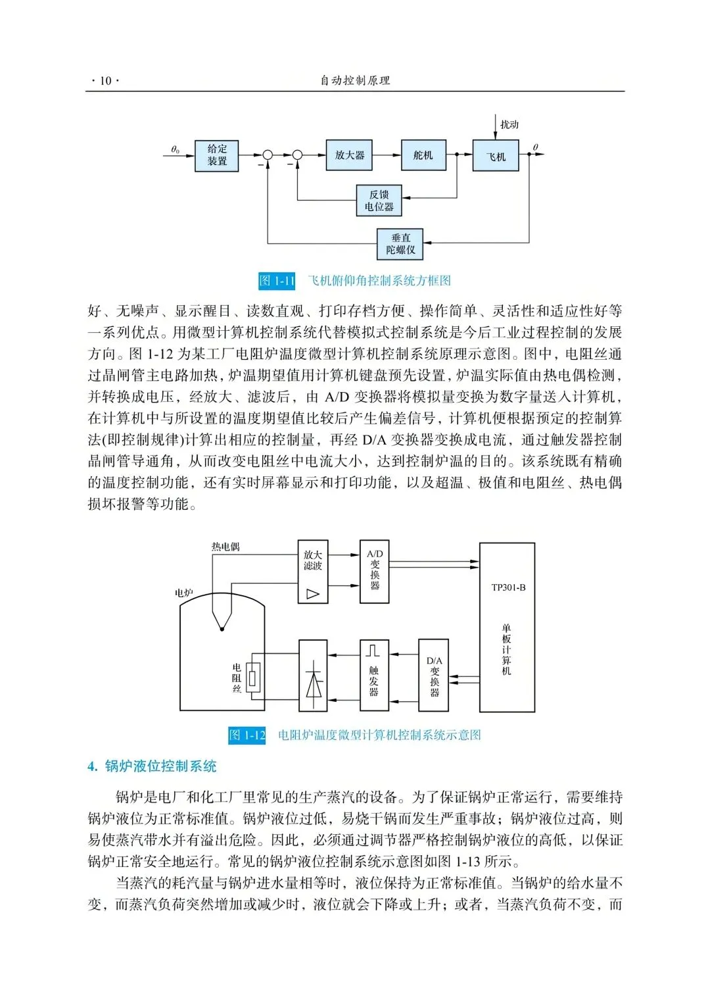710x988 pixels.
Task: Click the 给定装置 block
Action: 216,156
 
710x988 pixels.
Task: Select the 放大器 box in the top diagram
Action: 349,155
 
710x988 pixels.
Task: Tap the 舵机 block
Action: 423,155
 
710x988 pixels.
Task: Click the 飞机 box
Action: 496,157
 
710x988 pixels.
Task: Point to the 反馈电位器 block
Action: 379,201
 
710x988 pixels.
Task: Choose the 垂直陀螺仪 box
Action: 400,244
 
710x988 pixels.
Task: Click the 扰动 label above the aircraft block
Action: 509,124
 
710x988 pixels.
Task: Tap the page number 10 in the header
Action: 105,81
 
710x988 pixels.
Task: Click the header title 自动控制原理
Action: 355,81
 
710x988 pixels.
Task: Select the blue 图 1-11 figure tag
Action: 277,281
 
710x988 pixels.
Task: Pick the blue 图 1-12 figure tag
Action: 247,735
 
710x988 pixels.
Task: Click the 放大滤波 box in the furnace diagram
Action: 313,572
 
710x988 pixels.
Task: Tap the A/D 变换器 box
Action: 375,572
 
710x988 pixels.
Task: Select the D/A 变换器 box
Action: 434,676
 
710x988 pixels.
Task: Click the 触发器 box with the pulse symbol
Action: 374,676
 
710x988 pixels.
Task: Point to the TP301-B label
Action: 508,587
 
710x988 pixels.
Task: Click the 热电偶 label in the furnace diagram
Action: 225,547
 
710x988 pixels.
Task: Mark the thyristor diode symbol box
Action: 314,676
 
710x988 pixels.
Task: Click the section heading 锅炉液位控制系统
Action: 160,766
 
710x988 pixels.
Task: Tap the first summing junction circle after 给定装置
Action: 268,155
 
